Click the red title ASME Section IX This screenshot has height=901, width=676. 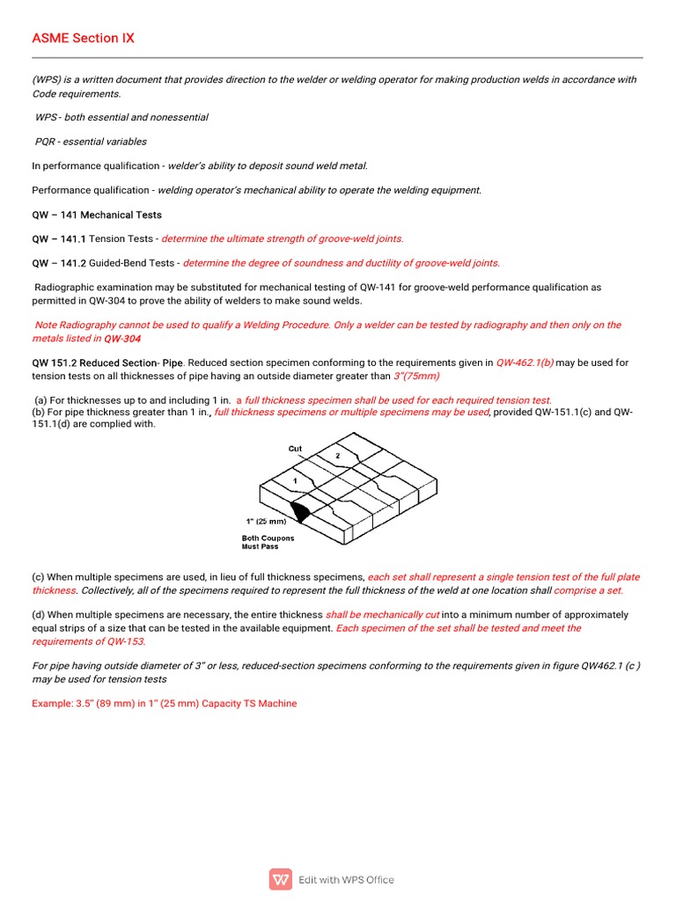click(x=83, y=38)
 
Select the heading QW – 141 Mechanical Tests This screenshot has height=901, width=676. click(x=97, y=215)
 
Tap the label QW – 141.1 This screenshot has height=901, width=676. click(x=59, y=238)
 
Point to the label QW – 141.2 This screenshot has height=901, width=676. click(x=59, y=262)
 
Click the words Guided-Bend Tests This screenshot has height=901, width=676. click(x=134, y=262)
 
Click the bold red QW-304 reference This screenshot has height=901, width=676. click(x=121, y=338)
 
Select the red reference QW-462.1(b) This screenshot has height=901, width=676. click(x=525, y=363)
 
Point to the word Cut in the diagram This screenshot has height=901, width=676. click(x=295, y=449)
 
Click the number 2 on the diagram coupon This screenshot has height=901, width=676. click(x=337, y=455)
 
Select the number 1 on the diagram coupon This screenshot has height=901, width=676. click(x=295, y=481)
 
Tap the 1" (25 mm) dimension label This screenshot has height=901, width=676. click(x=265, y=521)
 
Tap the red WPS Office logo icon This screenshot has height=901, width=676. click(x=281, y=879)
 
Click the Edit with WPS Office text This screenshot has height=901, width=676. click(x=346, y=880)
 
